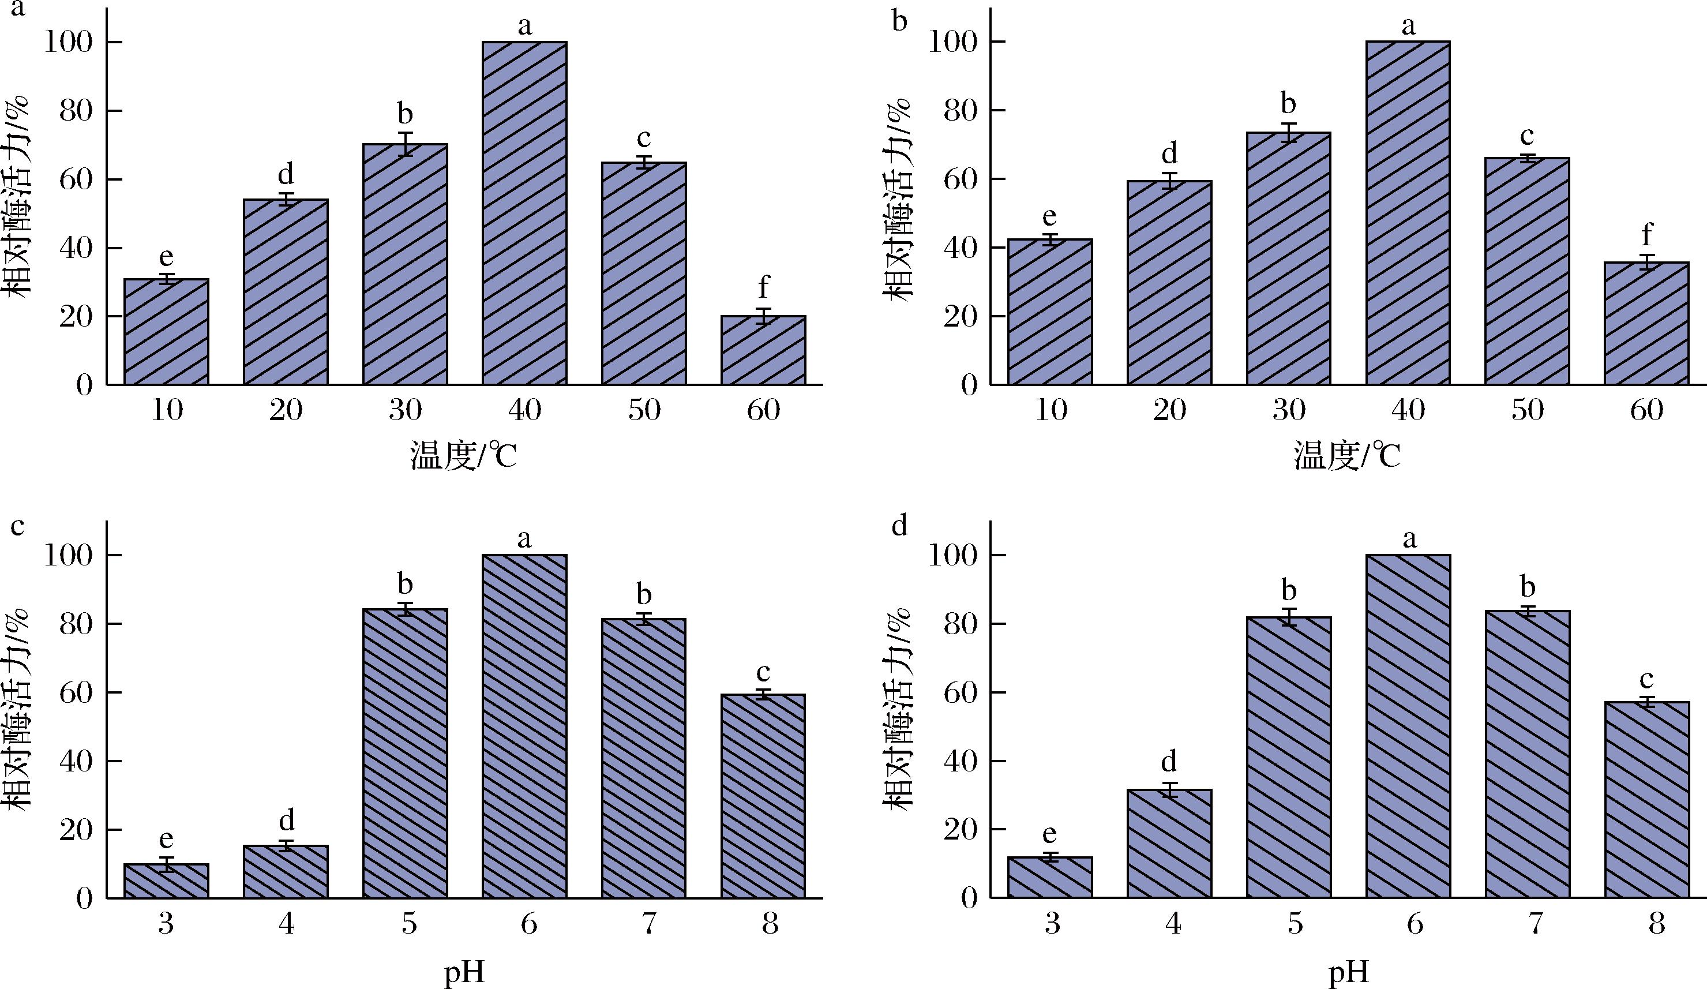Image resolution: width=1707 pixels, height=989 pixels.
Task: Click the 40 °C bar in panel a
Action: point(524,213)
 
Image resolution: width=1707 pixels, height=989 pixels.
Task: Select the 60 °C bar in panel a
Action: point(763,350)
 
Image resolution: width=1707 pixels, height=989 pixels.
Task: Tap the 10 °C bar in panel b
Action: point(1050,312)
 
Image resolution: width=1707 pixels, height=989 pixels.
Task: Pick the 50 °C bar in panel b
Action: point(1527,271)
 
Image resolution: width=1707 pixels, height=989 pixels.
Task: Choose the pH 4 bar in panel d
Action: point(1169,844)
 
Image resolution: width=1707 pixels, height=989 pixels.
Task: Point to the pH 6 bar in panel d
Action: point(1408,726)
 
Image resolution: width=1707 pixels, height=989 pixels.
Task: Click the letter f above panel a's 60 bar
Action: point(763,287)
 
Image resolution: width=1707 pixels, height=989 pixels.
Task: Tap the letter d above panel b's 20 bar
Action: point(1170,153)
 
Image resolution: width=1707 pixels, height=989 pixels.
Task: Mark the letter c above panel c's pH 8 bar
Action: point(763,673)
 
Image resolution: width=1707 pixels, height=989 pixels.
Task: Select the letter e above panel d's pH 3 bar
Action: point(1050,834)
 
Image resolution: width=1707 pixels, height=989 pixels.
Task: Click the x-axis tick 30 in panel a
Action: point(405,410)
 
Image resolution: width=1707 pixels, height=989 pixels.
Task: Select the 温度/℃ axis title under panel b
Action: point(1348,456)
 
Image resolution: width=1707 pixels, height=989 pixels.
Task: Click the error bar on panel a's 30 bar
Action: point(405,144)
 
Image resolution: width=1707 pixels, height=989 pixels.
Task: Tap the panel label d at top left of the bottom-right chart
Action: point(899,526)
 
